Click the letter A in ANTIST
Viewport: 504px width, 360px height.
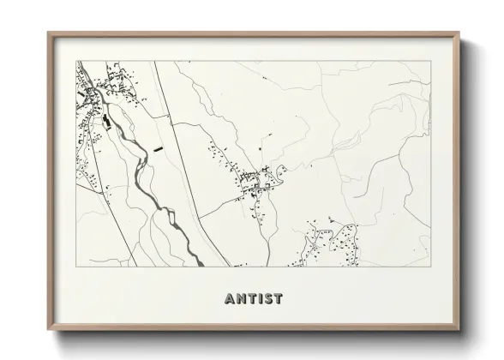pos(230,299)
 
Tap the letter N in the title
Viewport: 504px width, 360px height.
pos(241,299)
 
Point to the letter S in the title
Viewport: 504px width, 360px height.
pos(268,299)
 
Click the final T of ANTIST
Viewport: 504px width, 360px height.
pos(279,299)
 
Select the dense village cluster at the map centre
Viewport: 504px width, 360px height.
pos(257,182)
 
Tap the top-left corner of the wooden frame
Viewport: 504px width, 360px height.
pos(49,33)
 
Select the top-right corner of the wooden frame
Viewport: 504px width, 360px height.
pos(459,33)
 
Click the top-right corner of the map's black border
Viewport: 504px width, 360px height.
pos(430,61)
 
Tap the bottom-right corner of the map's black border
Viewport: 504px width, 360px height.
pos(430,267)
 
